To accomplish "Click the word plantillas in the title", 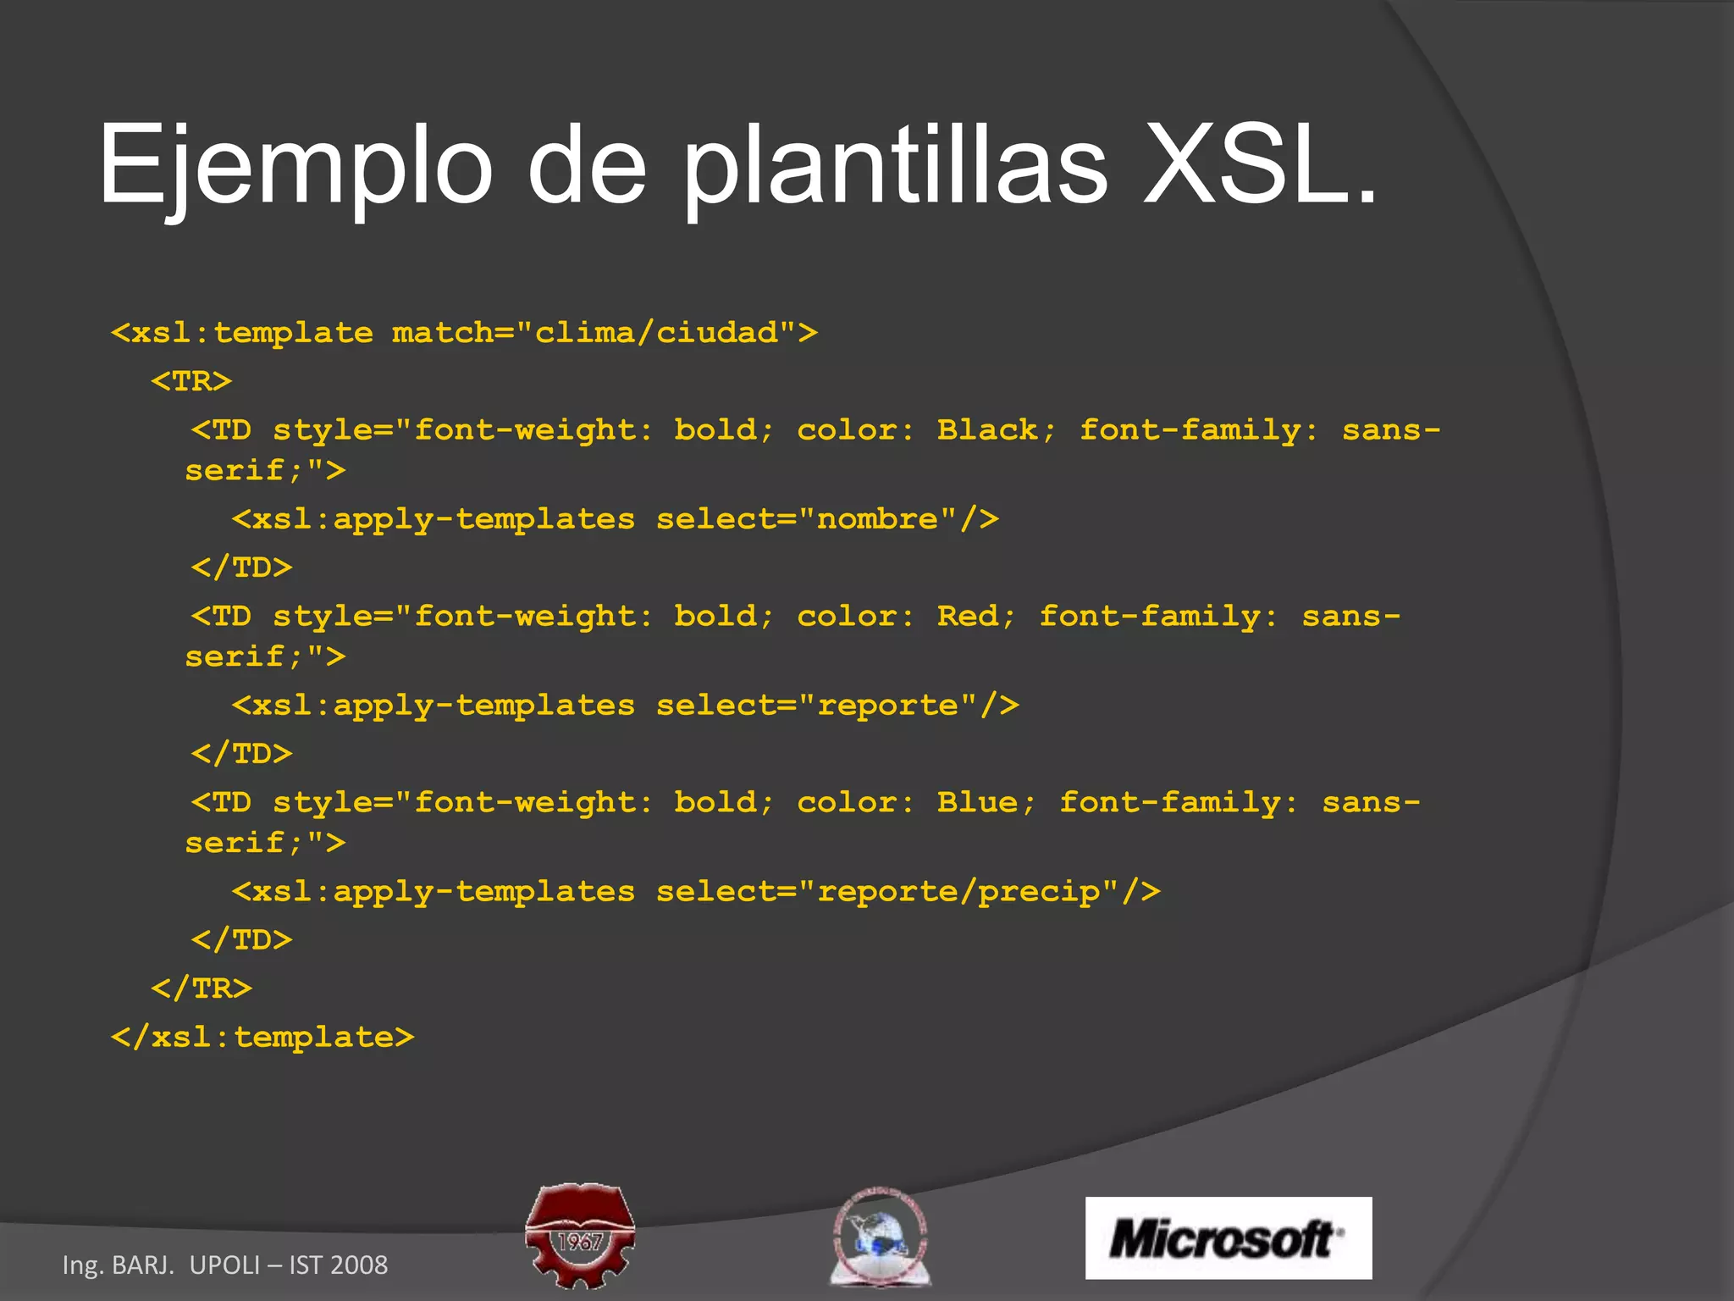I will [x=894, y=165].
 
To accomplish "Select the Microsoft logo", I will [x=1228, y=1237].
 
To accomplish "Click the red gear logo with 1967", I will [x=580, y=1234].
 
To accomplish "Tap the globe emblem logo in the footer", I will [x=881, y=1237].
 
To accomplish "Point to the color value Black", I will [x=987, y=430].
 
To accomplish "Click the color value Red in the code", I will [x=968, y=617].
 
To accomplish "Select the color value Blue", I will [x=978, y=803].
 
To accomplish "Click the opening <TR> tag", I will [x=191, y=381].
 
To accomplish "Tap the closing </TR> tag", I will [x=202, y=988].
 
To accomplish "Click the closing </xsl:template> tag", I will [x=262, y=1038].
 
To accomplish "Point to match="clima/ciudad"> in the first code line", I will [x=605, y=333].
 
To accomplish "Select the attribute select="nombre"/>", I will [x=827, y=519].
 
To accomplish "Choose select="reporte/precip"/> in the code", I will [x=908, y=892].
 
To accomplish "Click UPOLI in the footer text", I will [x=224, y=1265].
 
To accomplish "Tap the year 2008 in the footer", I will [x=359, y=1265].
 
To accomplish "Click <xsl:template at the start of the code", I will [x=242, y=333].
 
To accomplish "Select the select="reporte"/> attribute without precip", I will [x=837, y=706].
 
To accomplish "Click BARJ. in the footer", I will [x=143, y=1265].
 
